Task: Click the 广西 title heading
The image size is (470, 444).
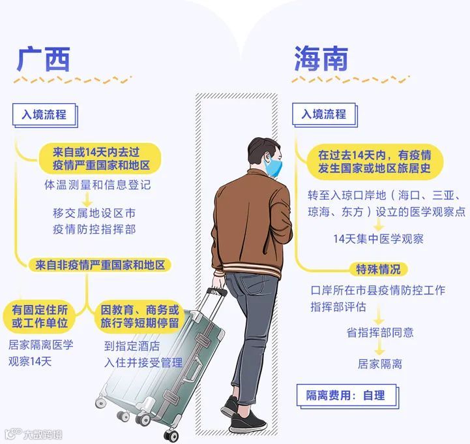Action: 43,58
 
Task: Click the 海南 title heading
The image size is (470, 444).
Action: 321,58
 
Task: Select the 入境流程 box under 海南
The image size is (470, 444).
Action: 323,114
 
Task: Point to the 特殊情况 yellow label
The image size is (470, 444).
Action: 378,269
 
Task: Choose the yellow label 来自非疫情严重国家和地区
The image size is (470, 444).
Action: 100,264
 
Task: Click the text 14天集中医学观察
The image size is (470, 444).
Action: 378,239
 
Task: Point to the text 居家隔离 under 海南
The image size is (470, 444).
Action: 380,364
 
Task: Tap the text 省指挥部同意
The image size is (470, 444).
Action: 380,332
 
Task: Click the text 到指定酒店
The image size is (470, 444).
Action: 132,346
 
